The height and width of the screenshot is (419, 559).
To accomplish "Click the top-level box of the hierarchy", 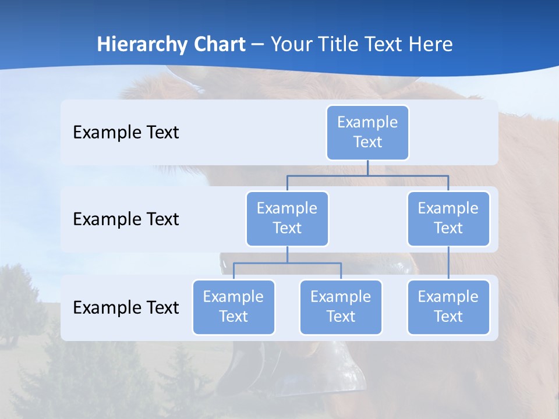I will pyautogui.click(x=367, y=132).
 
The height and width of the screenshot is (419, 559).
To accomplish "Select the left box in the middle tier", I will pyautogui.click(x=287, y=218).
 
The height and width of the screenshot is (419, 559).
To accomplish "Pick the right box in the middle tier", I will pyautogui.click(x=448, y=218).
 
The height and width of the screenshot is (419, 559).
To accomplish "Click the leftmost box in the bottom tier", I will pyautogui.click(x=233, y=307).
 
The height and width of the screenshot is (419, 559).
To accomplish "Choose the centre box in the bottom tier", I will pyautogui.click(x=341, y=307).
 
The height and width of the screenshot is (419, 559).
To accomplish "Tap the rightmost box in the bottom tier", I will pyautogui.click(x=448, y=307).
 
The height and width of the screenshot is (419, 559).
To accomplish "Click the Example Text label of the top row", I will pyautogui.click(x=126, y=133).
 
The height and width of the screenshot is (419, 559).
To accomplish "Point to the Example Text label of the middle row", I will pyautogui.click(x=126, y=219).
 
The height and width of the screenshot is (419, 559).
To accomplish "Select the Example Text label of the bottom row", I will pyautogui.click(x=126, y=307).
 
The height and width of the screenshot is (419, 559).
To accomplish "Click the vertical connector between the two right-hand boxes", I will pyautogui.click(x=448, y=262).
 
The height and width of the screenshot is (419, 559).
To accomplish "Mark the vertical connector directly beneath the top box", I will pyautogui.click(x=367, y=168).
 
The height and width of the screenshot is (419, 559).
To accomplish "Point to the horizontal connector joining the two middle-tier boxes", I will pyautogui.click(x=367, y=175).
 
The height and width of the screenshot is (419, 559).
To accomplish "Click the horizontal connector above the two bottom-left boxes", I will pyautogui.click(x=287, y=263).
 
